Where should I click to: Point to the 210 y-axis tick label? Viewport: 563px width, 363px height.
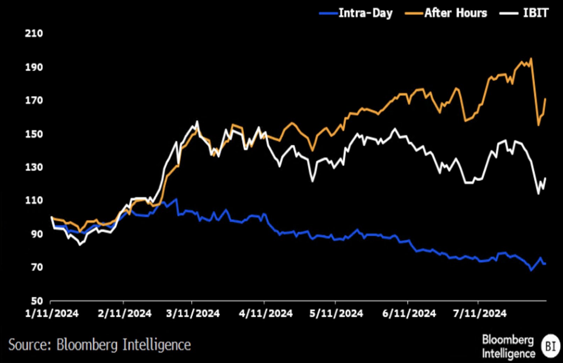(x=34, y=34)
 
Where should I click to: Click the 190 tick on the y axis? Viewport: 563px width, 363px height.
(x=34, y=67)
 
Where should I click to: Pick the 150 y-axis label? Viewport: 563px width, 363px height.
(x=34, y=134)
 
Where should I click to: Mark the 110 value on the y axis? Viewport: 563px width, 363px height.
(x=34, y=200)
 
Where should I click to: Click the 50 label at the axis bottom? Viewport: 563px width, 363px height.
(x=36, y=301)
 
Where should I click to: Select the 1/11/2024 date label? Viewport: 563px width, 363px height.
(x=52, y=313)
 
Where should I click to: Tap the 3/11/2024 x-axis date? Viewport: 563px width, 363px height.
(x=193, y=313)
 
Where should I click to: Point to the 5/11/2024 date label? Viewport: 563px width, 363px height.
(x=336, y=313)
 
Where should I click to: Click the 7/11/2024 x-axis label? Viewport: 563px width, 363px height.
(x=480, y=313)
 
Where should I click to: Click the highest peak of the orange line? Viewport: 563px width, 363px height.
(x=531, y=59)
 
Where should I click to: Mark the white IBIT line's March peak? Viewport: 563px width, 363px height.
(x=197, y=121)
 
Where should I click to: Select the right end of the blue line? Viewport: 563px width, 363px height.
(x=545, y=264)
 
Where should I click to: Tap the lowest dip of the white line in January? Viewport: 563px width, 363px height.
(x=80, y=244)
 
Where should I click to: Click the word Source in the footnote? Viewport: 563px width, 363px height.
(x=30, y=345)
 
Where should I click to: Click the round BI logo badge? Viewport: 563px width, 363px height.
(x=550, y=346)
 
